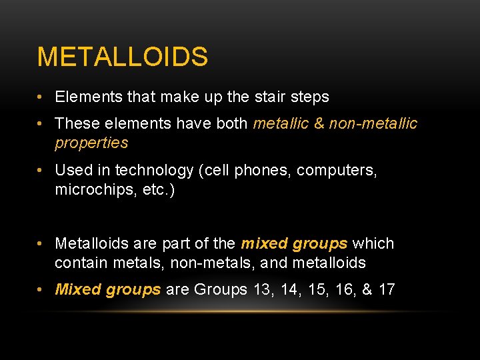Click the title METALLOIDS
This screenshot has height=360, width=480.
(x=122, y=57)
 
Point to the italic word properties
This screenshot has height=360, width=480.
(x=91, y=143)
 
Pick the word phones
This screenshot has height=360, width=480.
(x=264, y=171)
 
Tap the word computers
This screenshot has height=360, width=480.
(x=337, y=171)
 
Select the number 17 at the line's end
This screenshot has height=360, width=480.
(x=386, y=289)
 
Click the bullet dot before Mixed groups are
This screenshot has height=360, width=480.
(x=41, y=289)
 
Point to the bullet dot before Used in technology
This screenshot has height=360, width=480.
(x=41, y=171)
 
